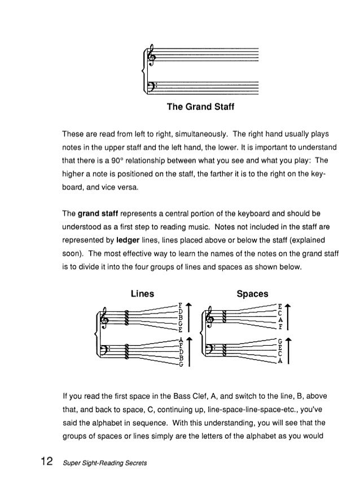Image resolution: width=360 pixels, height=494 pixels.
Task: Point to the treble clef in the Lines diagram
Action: coord(105,319)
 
